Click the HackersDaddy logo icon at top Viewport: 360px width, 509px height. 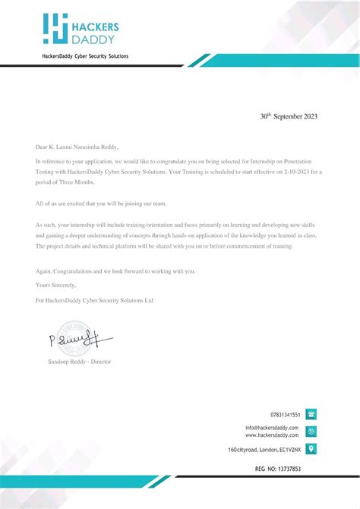(55, 27)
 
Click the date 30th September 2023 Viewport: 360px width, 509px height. (289, 117)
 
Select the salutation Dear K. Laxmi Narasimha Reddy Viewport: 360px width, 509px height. (77, 147)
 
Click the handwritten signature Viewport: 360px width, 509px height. (80, 337)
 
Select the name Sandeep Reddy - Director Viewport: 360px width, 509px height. (79, 362)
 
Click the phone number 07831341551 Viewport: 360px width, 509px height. (286, 415)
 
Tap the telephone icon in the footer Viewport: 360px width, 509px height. (311, 414)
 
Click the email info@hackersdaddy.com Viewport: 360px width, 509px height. (272, 428)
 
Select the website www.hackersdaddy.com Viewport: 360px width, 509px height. (272, 435)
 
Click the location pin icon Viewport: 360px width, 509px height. (311, 449)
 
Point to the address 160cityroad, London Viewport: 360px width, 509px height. (264, 450)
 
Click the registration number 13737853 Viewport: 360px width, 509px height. (289, 469)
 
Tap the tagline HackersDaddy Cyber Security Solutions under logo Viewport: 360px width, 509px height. (84, 57)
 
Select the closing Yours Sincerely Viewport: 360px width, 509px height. (56, 285)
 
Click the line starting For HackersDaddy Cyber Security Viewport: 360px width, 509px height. (95, 301)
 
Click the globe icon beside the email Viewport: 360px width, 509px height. (311, 432)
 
